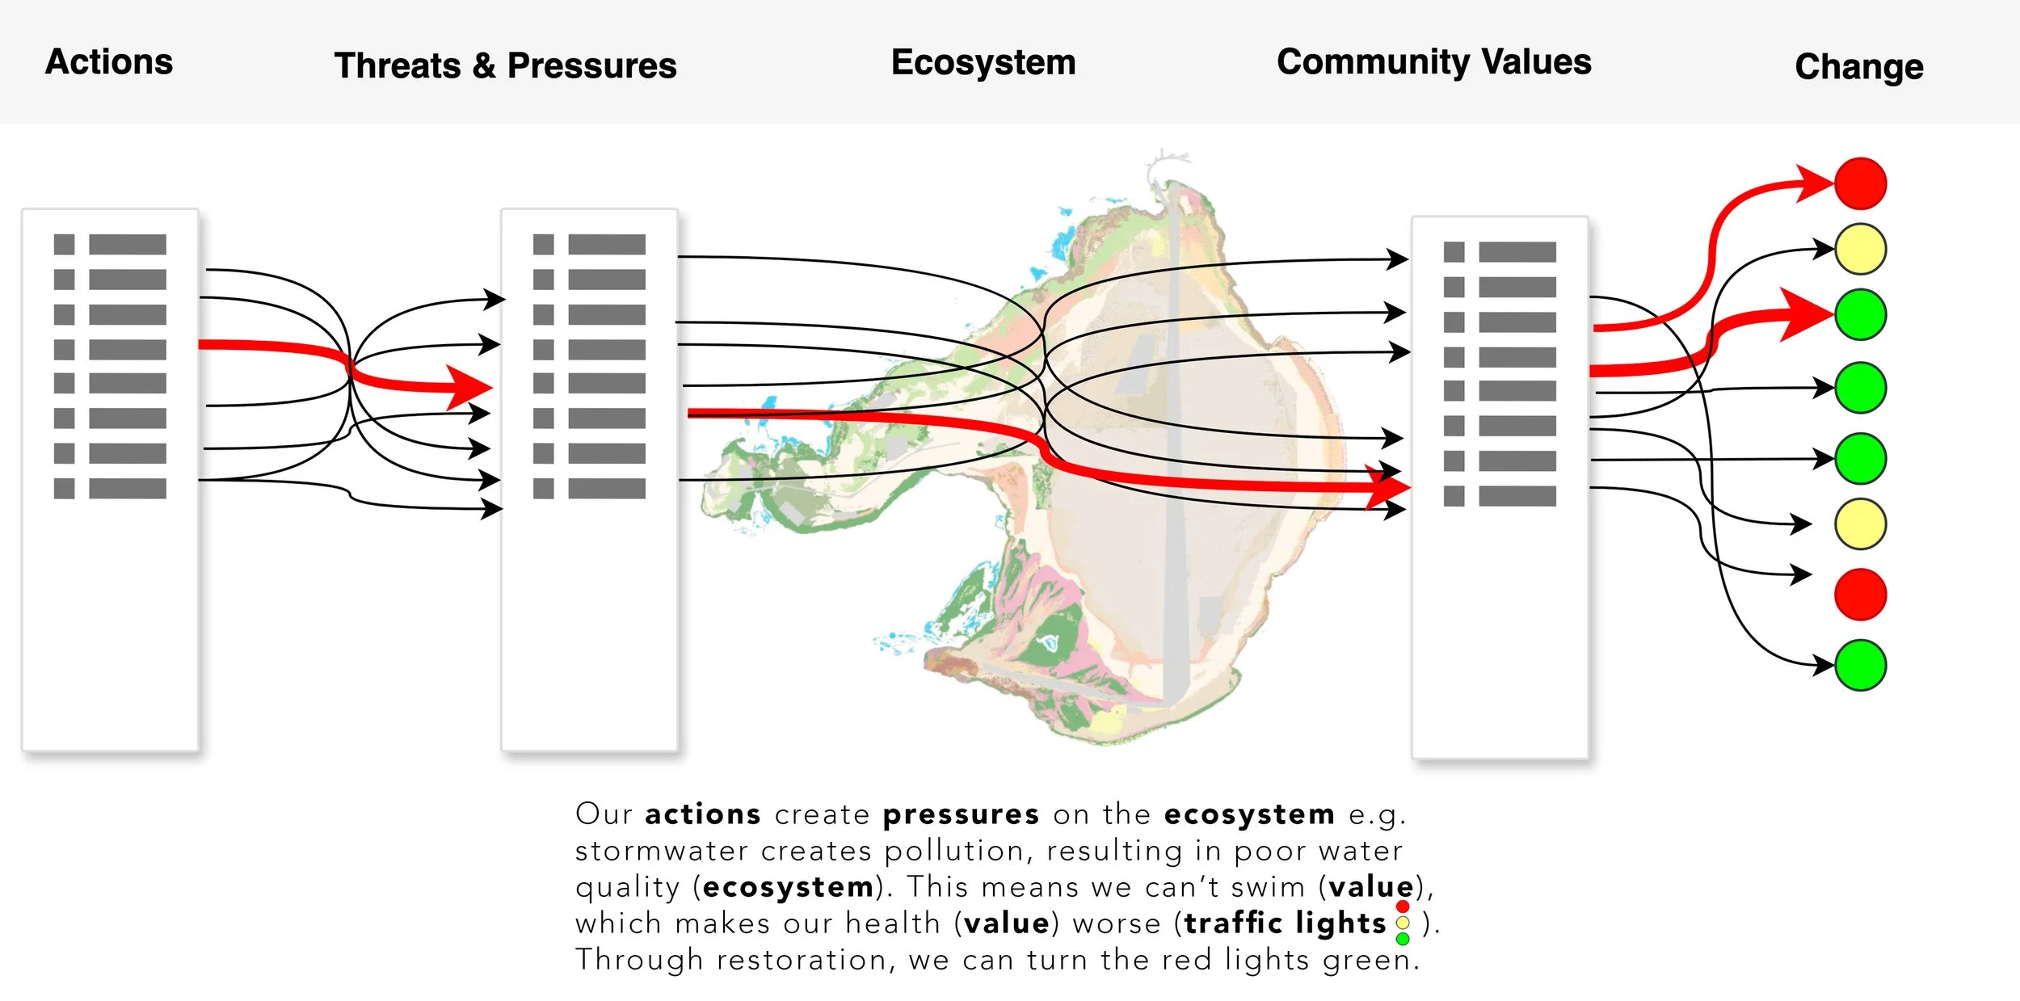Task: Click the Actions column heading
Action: click(x=109, y=62)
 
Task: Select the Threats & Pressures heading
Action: click(x=505, y=65)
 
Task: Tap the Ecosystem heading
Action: click(x=983, y=62)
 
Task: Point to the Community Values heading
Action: click(x=1433, y=62)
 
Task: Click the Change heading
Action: click(x=1858, y=66)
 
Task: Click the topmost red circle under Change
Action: click(x=1860, y=183)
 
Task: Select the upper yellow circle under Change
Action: click(x=1860, y=250)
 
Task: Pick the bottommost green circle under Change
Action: click(x=1860, y=665)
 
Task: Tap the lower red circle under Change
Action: click(x=1860, y=595)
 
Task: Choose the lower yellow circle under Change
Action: click(x=1860, y=524)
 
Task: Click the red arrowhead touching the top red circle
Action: click(x=1814, y=183)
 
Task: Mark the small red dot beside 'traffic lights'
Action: click(x=1403, y=906)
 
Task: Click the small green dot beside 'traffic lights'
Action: click(x=1403, y=939)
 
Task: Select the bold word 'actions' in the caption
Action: click(x=703, y=814)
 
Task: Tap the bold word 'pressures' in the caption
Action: click(x=961, y=814)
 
